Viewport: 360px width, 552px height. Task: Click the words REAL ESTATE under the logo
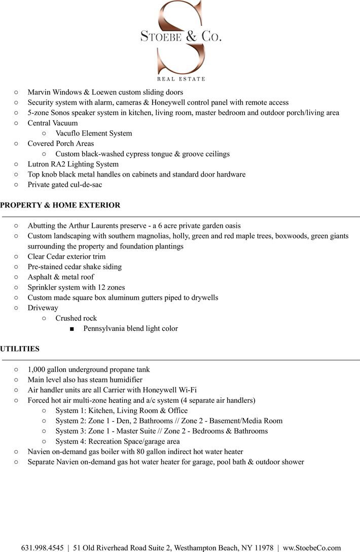pyautogui.click(x=181, y=79)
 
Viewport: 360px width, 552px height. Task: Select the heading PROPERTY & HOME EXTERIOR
pyautogui.click(x=60, y=205)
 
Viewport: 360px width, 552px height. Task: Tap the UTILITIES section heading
pyautogui.click(x=20, y=349)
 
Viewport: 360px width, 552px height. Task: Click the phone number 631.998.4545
pyautogui.click(x=42, y=548)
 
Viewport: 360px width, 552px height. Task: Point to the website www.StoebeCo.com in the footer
pyautogui.click(x=312, y=548)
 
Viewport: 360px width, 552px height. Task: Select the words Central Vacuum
pyautogui.click(x=53, y=123)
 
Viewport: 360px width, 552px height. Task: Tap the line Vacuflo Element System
pyautogui.click(x=94, y=133)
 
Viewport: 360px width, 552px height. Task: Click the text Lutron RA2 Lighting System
pyautogui.click(x=73, y=164)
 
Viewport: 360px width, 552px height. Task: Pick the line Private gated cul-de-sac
pyautogui.click(x=65, y=185)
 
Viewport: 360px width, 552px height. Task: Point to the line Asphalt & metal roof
pyautogui.click(x=61, y=277)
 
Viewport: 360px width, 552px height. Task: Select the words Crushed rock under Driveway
pyautogui.click(x=76, y=318)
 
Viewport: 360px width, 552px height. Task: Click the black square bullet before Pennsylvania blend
pyautogui.click(x=72, y=329)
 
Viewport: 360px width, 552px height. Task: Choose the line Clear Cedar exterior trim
pyautogui.click(x=66, y=257)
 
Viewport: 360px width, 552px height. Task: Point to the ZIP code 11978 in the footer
pyautogui.click(x=263, y=548)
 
